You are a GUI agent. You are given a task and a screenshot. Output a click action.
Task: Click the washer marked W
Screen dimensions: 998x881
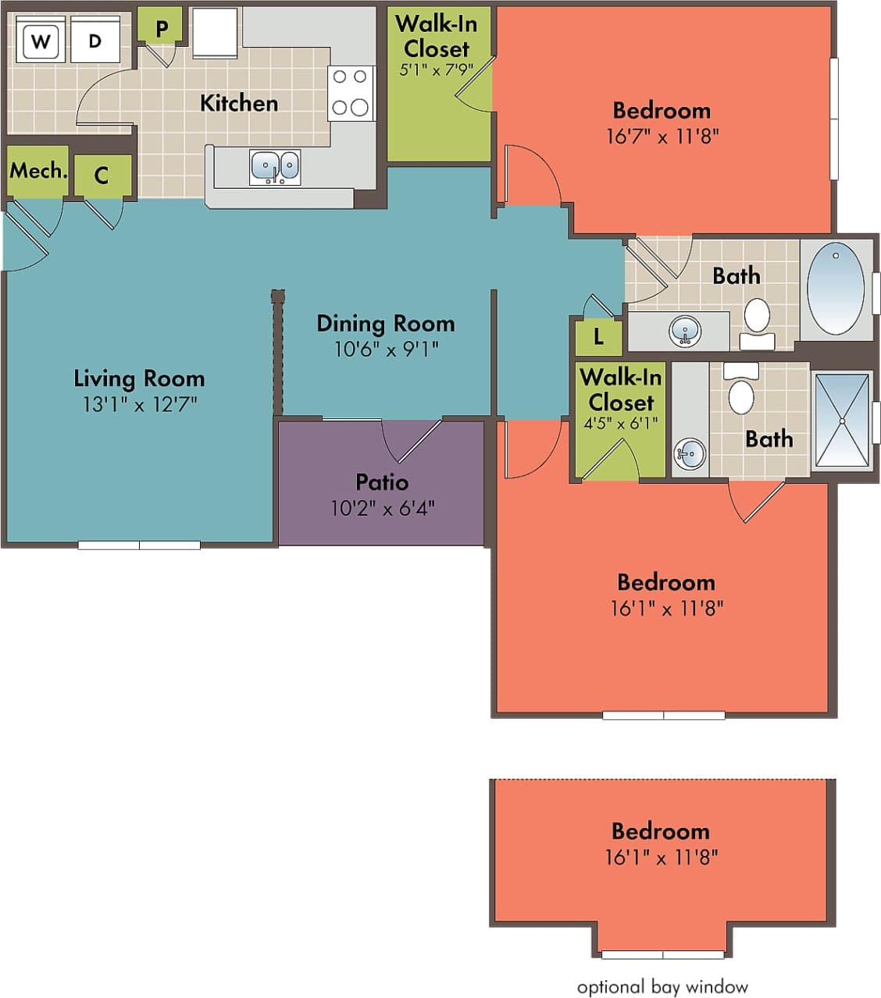pos(40,41)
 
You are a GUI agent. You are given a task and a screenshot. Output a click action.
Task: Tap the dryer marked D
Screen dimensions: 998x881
pos(95,41)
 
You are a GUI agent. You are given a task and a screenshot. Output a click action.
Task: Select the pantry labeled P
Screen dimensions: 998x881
pos(161,28)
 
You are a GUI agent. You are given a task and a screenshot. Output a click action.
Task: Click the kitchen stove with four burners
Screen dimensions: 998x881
pos(350,92)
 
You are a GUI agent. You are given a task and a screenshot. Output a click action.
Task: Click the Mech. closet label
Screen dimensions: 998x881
pos(37,171)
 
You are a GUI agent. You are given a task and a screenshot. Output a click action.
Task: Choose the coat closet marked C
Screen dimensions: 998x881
pos(102,176)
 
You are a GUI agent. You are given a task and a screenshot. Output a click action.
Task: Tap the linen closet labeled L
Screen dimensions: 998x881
pos(598,337)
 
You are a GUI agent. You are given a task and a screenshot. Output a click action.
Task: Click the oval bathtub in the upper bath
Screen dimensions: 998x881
pos(835,289)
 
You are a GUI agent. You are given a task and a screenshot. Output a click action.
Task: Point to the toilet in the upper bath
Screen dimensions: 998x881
pos(756,318)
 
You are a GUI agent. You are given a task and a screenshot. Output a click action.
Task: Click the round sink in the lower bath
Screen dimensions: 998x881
pos(690,453)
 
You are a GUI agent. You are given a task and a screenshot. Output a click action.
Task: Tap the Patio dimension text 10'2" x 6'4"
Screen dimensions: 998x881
pos(382,509)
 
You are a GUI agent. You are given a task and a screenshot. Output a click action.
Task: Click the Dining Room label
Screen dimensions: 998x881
pos(385,323)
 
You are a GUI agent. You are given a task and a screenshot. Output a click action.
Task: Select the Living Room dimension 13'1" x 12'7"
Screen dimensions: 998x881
pos(140,404)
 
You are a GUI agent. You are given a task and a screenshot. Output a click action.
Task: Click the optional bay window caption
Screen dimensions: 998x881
pos(662,987)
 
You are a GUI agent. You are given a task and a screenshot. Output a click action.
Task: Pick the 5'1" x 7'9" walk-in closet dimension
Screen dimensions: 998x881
pos(436,69)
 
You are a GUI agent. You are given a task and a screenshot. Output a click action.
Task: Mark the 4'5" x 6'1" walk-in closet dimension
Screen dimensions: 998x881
pos(621,424)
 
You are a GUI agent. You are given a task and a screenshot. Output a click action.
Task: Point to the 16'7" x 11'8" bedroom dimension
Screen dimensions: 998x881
pos(662,137)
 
